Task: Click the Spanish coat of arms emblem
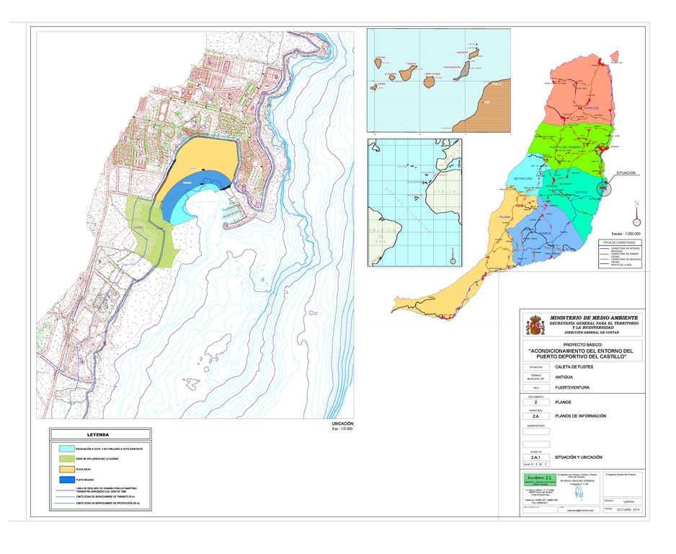(535, 325)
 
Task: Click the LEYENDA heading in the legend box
(98, 435)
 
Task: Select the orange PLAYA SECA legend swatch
(70, 468)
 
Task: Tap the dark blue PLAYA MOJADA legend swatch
(70, 479)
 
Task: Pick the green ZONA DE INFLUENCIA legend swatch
(70, 458)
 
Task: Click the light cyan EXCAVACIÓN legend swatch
(70, 448)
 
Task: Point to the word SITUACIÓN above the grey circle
(626, 173)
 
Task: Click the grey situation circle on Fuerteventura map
(606, 188)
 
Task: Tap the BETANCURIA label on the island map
(522, 177)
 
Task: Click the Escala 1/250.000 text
(626, 234)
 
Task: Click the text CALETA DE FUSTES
(574, 366)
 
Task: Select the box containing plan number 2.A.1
(535, 457)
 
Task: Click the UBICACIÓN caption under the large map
(343, 423)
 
